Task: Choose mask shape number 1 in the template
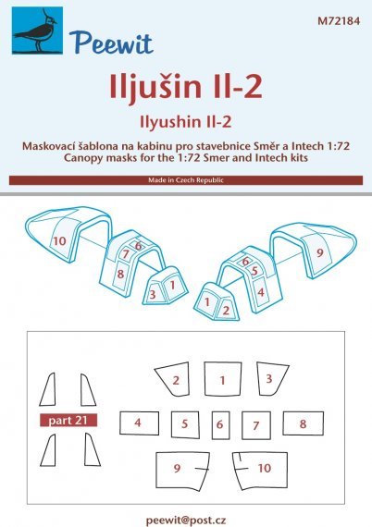(221, 379)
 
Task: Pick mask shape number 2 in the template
(175, 379)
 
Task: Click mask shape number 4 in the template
(138, 423)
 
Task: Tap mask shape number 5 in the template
(185, 424)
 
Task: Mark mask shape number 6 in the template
(219, 424)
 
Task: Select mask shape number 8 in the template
(303, 423)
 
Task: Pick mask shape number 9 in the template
(177, 468)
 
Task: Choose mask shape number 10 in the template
(264, 468)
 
